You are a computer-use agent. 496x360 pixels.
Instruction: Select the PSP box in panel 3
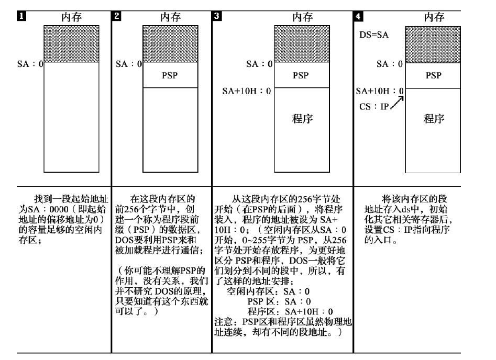coord(301,75)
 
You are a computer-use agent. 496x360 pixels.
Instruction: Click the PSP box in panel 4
coord(433,75)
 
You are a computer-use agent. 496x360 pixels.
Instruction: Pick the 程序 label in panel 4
coord(433,119)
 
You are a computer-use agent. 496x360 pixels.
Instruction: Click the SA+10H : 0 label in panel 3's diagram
coord(247,91)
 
